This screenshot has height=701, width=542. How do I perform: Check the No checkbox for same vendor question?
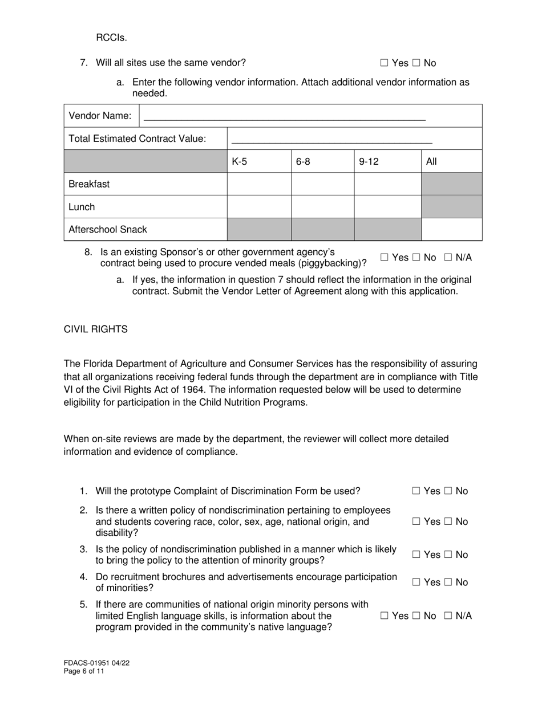pos(416,63)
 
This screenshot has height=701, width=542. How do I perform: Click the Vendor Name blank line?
pos(284,117)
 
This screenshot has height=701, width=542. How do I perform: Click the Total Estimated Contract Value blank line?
pos(331,139)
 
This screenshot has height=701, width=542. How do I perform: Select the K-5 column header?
pos(240,161)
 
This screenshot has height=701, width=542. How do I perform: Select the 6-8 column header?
pos(303,161)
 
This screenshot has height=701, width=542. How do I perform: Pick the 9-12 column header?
pos(369,161)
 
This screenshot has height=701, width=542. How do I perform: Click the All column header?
pos(431,161)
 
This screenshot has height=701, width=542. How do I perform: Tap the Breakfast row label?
pos(89,184)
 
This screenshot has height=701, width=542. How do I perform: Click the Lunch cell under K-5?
pos(259,207)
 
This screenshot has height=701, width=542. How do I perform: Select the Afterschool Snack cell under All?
pos(451,230)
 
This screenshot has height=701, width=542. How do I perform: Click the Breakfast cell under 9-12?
pos(387,184)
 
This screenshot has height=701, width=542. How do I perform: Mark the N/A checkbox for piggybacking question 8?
pos(448,258)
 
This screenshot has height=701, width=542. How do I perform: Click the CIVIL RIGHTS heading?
pos(95,329)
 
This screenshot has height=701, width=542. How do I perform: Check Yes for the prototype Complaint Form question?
pos(416,491)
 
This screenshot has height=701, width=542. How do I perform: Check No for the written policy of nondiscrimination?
pos(448,522)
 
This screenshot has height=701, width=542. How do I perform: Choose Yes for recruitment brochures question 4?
pos(416,582)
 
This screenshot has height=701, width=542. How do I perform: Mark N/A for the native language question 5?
pos(448,616)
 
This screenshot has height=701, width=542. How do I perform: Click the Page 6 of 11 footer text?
pos(84,671)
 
